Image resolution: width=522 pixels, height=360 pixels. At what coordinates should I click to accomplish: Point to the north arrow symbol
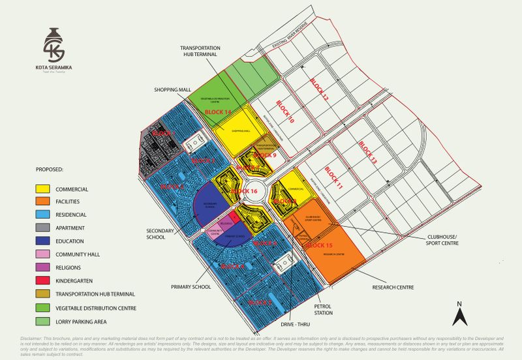pyautogui.click(x=459, y=314)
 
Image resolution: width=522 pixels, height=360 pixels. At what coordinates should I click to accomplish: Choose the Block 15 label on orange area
pyautogui.click(x=320, y=245)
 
